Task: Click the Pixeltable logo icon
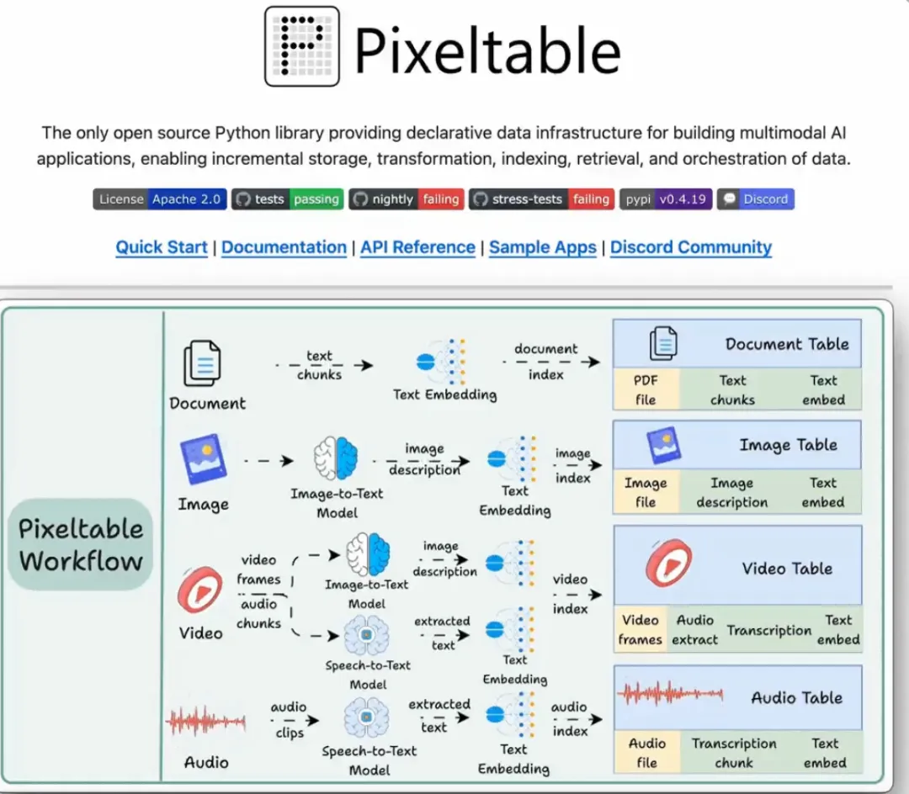pyautogui.click(x=302, y=46)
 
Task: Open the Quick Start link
pyautogui.click(x=162, y=247)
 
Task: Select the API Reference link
pyautogui.click(x=417, y=247)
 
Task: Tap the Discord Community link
pyautogui.click(x=691, y=247)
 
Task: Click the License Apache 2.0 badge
pyautogui.click(x=160, y=199)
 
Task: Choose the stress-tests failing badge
pyautogui.click(x=542, y=199)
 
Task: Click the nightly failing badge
pyautogui.click(x=406, y=199)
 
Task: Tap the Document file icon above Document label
pyautogui.click(x=202, y=363)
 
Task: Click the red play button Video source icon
pyautogui.click(x=200, y=590)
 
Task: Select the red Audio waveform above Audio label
pyautogui.click(x=206, y=722)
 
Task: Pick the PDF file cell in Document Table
pyautogui.click(x=646, y=390)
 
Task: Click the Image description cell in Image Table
pyautogui.click(x=731, y=493)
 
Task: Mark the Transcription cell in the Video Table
pyautogui.click(x=769, y=631)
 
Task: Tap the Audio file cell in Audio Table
pyautogui.click(x=647, y=753)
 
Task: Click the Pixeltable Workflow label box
pyautogui.click(x=81, y=544)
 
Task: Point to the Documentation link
pyautogui.click(x=284, y=247)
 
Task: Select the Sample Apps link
pyautogui.click(x=543, y=247)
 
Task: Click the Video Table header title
pyautogui.click(x=787, y=569)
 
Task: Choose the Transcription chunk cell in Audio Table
pyautogui.click(x=734, y=753)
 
